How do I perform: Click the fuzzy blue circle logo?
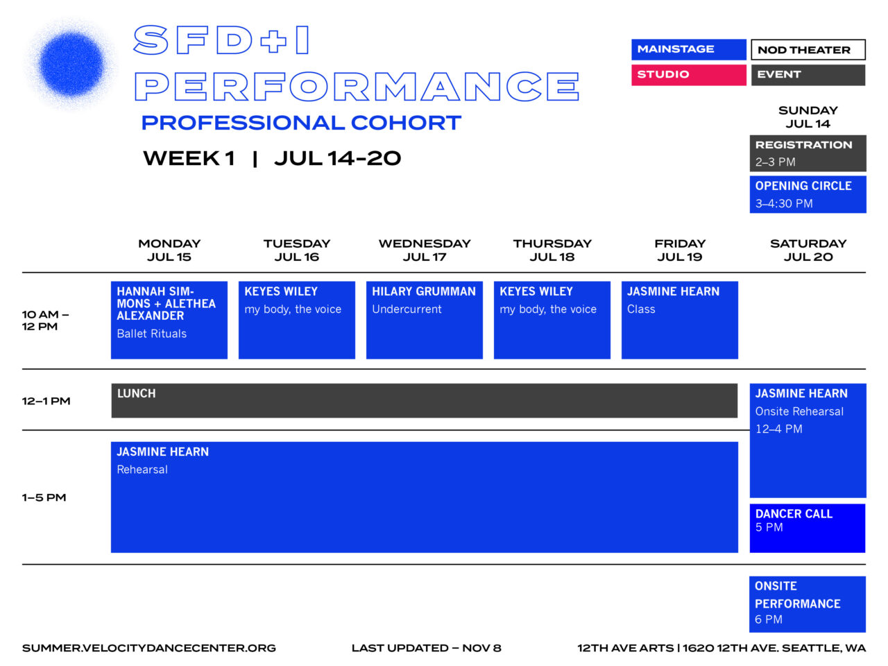click(x=71, y=64)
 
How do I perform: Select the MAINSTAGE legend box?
click(x=688, y=49)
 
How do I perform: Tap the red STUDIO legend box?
click(x=688, y=74)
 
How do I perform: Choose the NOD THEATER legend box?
click(x=808, y=50)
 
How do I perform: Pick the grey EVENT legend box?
click(x=808, y=74)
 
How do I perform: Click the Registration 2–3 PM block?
click(x=808, y=153)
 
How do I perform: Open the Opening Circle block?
click(x=808, y=194)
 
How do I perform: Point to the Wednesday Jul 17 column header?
click(x=425, y=250)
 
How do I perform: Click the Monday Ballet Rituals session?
click(x=169, y=320)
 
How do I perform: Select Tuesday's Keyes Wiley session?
click(x=297, y=320)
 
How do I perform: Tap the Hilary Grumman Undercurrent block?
click(x=425, y=320)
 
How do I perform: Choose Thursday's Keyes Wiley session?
click(x=552, y=320)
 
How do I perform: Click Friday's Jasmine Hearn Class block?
click(x=680, y=320)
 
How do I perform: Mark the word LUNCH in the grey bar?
click(x=137, y=393)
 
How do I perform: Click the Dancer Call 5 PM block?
click(x=808, y=528)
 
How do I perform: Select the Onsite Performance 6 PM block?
click(x=808, y=604)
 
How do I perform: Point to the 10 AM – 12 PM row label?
click(x=45, y=320)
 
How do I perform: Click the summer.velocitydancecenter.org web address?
click(x=149, y=648)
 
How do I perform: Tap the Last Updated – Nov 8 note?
click(x=426, y=648)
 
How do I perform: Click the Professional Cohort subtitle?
click(x=301, y=123)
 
